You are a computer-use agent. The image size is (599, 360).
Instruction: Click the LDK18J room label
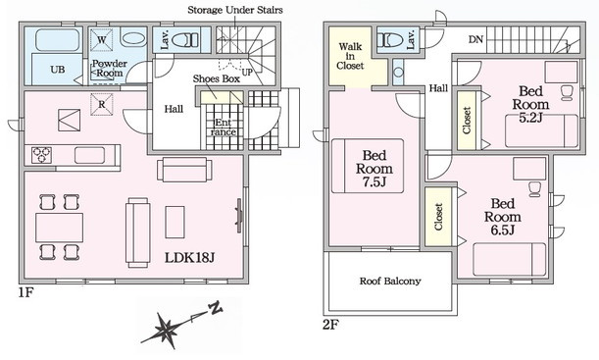click(189, 258)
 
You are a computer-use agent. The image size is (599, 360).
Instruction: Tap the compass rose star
click(166, 330)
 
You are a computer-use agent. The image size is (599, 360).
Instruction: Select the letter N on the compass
click(215, 308)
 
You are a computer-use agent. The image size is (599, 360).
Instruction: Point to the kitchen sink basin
click(89, 155)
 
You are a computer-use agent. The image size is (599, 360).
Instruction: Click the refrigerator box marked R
click(102, 104)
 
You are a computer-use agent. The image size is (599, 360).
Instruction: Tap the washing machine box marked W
click(102, 40)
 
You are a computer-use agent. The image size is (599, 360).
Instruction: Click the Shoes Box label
click(217, 79)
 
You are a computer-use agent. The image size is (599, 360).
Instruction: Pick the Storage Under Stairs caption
click(235, 10)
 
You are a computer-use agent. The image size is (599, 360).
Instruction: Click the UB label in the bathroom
click(57, 70)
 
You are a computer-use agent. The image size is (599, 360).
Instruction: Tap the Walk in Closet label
click(350, 56)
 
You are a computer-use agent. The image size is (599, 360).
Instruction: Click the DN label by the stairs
click(475, 39)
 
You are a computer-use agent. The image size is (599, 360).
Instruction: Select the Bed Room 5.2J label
click(530, 104)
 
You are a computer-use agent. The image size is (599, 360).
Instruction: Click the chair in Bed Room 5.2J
click(567, 93)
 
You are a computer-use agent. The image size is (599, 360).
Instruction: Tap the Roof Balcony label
click(390, 282)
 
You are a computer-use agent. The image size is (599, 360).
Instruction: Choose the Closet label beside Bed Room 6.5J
click(438, 217)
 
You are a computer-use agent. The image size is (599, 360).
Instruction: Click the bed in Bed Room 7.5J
click(368, 166)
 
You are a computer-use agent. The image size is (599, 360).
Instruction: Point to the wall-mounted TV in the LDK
click(239, 216)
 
